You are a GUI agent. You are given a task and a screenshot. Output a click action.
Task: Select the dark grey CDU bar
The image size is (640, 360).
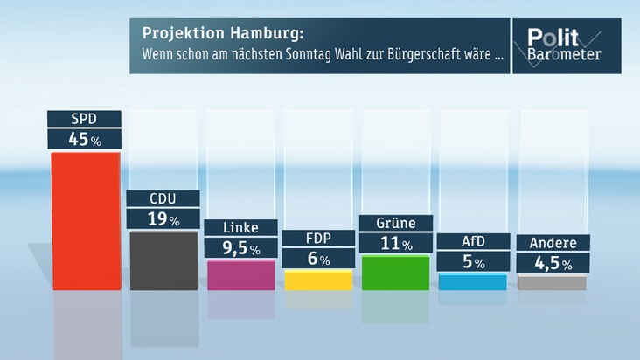click(163, 260)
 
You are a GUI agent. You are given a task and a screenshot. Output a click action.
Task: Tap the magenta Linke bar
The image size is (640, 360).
click(241, 275)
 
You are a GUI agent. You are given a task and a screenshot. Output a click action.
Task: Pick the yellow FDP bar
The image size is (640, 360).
click(318, 280)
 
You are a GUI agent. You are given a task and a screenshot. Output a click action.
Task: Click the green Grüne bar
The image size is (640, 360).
click(395, 273)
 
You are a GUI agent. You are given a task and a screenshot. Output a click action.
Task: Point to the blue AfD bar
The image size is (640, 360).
click(473, 281)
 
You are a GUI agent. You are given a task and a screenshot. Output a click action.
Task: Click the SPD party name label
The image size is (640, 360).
click(84, 118)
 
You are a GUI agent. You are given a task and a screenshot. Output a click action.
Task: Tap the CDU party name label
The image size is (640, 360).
click(163, 198)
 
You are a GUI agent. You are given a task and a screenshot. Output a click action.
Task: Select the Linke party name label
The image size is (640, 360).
click(240, 227)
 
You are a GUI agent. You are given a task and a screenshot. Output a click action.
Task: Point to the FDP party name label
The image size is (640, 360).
click(318, 238)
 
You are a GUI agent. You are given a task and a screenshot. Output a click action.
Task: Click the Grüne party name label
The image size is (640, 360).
click(395, 223)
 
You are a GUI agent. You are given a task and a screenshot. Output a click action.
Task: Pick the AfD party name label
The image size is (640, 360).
click(473, 240)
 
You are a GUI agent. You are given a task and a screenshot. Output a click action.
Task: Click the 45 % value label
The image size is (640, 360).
click(84, 138)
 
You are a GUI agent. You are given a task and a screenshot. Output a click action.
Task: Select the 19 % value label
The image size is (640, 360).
click(163, 219)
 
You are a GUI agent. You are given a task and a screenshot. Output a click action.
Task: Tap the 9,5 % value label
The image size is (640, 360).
click(240, 249)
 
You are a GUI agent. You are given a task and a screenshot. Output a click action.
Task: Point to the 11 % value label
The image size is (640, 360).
click(395, 245)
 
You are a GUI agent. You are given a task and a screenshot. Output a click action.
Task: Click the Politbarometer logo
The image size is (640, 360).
click(566, 45)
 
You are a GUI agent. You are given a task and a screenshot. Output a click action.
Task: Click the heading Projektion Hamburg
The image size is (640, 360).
click(224, 34)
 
